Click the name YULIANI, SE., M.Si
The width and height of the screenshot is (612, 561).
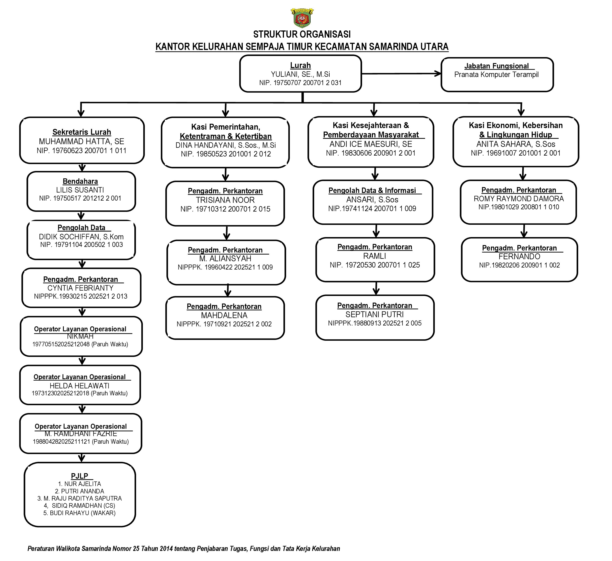300,74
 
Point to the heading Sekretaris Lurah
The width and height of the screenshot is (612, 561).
82,132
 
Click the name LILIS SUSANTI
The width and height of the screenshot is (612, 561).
80,190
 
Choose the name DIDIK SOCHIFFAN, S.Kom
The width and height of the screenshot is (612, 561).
81,237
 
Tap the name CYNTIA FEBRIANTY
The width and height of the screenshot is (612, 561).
80,288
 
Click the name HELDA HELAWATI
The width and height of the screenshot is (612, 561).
79,386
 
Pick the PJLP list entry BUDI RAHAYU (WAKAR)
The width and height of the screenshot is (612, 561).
79,513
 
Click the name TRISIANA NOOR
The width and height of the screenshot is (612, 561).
225,200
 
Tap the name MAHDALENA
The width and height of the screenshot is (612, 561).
224,315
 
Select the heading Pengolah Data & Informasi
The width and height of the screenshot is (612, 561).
372,190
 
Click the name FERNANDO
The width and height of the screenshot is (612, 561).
519,257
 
